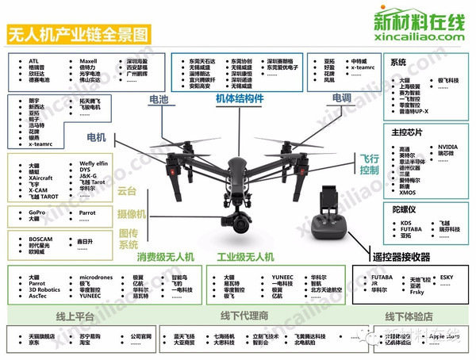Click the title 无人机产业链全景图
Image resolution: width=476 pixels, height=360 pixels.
[x=79, y=35]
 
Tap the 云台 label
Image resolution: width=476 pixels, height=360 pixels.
[x=127, y=191]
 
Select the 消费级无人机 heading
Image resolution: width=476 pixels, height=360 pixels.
[x=164, y=257]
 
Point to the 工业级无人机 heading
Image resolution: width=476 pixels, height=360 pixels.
[x=245, y=257]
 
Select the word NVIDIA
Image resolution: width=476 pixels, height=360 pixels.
[x=447, y=147]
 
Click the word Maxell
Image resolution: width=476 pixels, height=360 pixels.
[x=87, y=60]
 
